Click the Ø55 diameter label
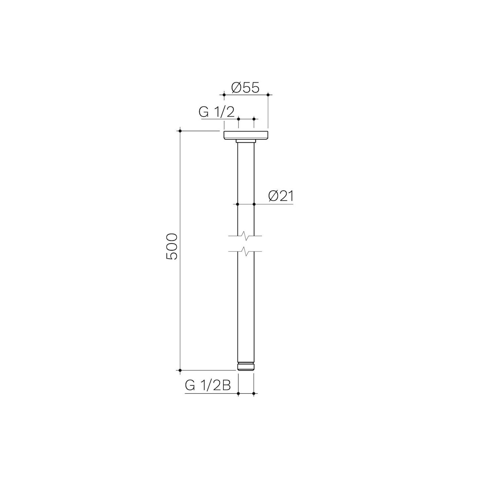tap(245, 88)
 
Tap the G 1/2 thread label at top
tap(217, 112)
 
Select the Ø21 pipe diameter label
tap(281, 197)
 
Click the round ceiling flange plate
tap(246, 135)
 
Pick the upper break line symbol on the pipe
tap(246, 236)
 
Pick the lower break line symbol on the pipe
tap(246, 251)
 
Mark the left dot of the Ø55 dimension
tap(224, 94)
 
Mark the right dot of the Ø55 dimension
tap(268, 94)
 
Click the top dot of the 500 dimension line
tap(180, 131)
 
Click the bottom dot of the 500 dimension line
tap(180, 370)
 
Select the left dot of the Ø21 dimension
tap(238, 204)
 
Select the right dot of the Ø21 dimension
tap(254, 204)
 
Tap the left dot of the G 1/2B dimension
tap(238, 393)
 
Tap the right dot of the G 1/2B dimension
tap(253, 393)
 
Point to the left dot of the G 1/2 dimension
tap(238, 119)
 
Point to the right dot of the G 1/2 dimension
tap(254, 119)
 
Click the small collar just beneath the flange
tap(246, 141)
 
